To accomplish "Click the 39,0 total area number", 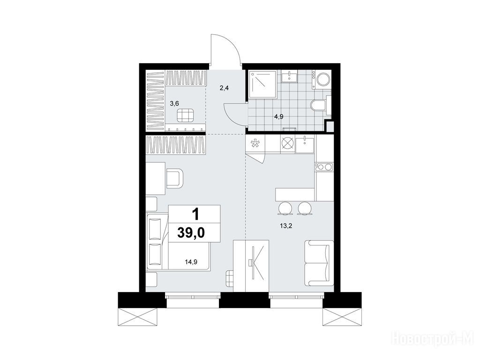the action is [x=191, y=233].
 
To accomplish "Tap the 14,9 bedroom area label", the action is [x=191, y=262].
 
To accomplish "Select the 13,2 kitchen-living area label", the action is [x=285, y=226].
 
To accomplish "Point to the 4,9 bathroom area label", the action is [x=278, y=117].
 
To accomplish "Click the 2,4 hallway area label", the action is [x=224, y=88].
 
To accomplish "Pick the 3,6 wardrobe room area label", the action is [x=174, y=104].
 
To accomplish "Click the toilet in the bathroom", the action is [x=319, y=105].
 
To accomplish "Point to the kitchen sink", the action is [x=305, y=144].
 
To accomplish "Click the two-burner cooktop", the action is [x=324, y=167].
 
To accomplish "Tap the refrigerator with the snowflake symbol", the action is [x=255, y=144].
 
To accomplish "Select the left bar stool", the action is [x=285, y=209].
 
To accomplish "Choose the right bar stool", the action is [x=305, y=209].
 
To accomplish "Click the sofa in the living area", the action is [x=319, y=262].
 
